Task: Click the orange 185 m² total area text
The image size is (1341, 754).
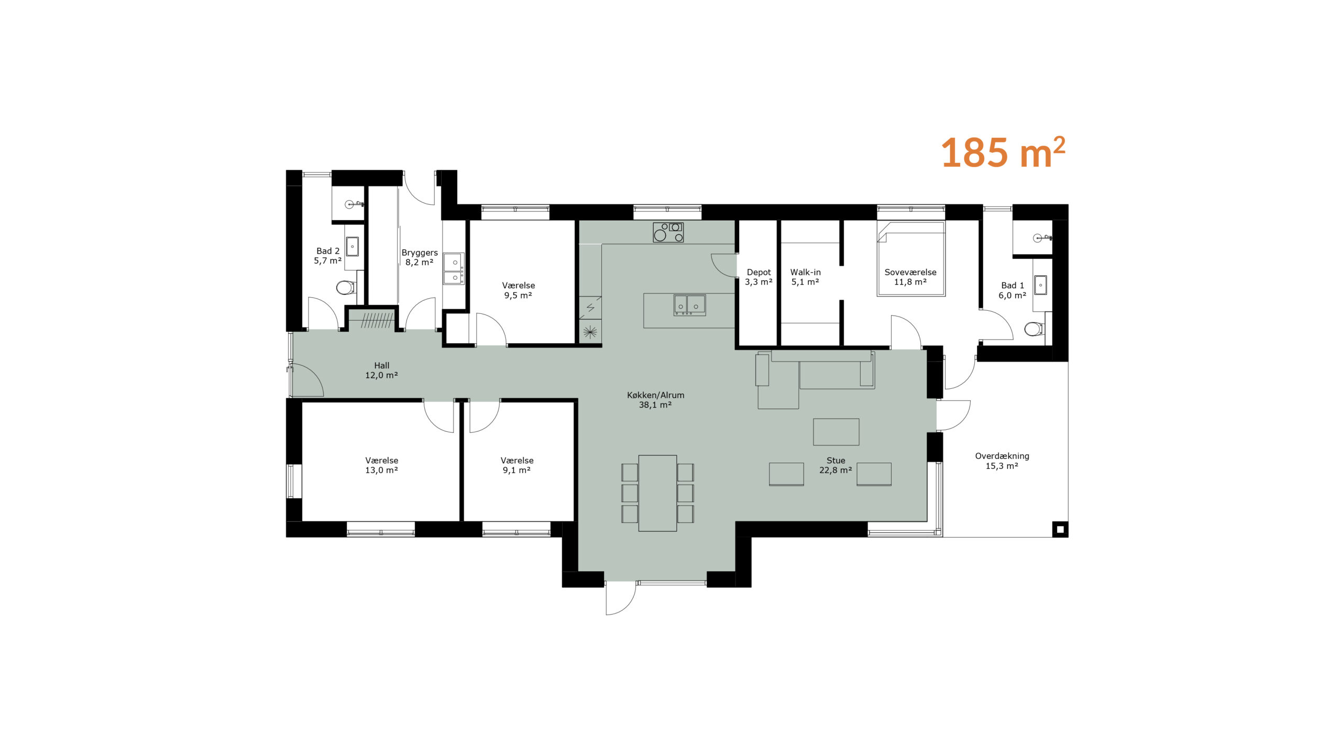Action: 1003,153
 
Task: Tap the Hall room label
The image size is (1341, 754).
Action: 381,370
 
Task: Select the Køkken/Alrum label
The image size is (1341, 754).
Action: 655,400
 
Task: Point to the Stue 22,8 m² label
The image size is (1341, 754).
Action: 836,465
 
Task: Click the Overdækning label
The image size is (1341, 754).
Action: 1002,461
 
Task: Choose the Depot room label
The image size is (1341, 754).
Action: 759,277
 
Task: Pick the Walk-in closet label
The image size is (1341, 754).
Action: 805,277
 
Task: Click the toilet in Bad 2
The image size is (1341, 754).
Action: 346,287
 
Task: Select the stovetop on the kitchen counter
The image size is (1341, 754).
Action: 668,232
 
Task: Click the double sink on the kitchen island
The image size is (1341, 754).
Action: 689,305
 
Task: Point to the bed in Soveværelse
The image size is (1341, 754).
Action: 911,258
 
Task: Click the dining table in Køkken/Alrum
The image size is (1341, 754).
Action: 657,493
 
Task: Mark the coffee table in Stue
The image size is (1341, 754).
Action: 836,432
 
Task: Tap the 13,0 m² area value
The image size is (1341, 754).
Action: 381,471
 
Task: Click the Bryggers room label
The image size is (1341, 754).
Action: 419,257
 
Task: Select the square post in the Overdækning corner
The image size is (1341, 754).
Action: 1060,530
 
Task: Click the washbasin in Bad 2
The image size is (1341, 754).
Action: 353,246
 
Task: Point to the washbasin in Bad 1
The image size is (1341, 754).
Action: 1040,285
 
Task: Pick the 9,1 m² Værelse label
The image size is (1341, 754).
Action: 516,465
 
